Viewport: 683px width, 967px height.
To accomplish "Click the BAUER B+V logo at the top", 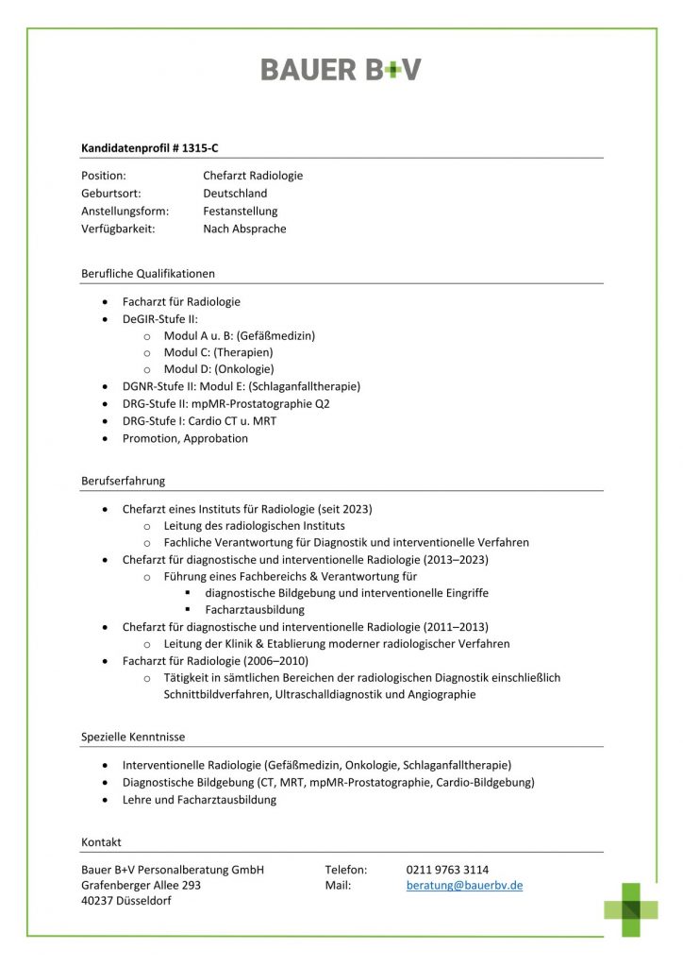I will click(341, 70).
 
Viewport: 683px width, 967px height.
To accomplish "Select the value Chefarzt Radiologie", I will click(253, 176).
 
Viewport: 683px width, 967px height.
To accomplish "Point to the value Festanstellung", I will click(240, 212).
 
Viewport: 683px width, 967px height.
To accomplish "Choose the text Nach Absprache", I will click(244, 229).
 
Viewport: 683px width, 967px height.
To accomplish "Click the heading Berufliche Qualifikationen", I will click(148, 274).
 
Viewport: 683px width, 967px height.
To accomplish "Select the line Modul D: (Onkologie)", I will click(219, 369).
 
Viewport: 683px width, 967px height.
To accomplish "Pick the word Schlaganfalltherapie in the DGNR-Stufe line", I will click(304, 386).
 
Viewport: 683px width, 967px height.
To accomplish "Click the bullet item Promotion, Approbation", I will click(185, 438).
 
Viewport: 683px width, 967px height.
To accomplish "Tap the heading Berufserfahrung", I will click(123, 481).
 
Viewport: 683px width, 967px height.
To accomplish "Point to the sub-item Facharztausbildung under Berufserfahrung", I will click(255, 610).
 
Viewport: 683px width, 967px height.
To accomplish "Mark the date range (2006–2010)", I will click(274, 661).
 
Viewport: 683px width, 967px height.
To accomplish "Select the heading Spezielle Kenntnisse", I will click(133, 737).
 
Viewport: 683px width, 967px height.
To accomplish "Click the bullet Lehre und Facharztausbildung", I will click(199, 800).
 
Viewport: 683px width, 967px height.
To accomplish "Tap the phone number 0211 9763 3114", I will click(447, 869).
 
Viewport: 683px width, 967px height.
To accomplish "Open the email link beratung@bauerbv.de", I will click(464, 886).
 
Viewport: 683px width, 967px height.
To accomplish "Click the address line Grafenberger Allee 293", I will click(141, 886).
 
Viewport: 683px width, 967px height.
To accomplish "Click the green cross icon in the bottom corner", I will click(631, 909).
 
